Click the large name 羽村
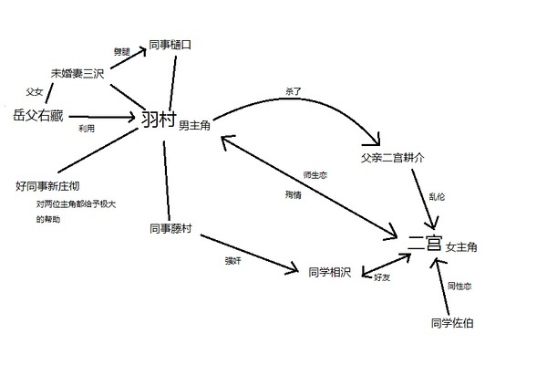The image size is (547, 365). coord(158,120)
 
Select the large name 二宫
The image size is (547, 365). coord(426,245)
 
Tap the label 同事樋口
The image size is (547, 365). coord(170,44)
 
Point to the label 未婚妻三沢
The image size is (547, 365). coord(77,73)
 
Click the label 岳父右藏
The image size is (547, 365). coord(37,116)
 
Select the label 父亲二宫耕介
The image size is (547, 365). coord(393,157)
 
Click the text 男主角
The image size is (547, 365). coord(194,125)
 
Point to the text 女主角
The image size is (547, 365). coord(461,247)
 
